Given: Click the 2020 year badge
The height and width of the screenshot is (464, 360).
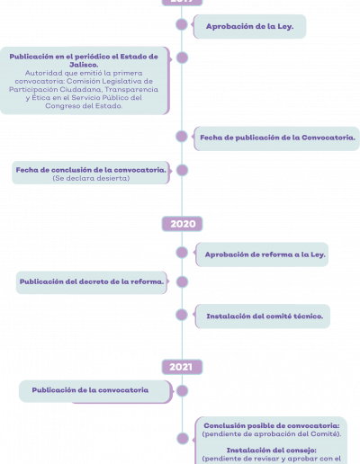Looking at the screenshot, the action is pos(182,224).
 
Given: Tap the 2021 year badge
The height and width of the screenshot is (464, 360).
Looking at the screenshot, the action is pos(182,367).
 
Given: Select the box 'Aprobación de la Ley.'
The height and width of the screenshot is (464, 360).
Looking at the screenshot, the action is pos(249,26).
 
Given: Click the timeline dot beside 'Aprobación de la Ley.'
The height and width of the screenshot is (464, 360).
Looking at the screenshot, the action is pos(182,24).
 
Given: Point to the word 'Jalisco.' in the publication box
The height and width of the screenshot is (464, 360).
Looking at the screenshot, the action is pos(84,65).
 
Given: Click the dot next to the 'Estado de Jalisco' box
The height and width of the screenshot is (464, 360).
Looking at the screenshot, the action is pos(182,58).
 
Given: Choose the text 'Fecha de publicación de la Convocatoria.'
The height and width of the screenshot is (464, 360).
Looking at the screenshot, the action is pos(277,138).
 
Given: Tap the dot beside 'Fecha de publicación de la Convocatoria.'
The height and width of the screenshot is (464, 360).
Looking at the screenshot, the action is pos(182,137).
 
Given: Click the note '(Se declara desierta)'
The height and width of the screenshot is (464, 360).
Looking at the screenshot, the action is pos(91,178).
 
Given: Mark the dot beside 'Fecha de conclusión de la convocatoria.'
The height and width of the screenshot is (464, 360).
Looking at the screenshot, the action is pos(182,170).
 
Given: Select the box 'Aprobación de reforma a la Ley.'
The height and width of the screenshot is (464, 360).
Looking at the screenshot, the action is pos(262,254).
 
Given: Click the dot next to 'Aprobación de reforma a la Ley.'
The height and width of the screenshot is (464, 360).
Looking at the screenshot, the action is pos(182,253).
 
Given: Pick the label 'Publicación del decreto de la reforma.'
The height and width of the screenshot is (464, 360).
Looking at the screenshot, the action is pos(92,281).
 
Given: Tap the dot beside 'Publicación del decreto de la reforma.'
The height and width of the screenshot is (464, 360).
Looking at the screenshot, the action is pos(182,281).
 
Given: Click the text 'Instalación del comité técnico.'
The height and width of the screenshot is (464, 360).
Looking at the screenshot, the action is pos(265,317).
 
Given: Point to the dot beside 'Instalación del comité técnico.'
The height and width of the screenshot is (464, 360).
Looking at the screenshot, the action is pos(182,315).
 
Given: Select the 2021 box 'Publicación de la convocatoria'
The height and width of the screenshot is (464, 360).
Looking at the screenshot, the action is pos(95,391).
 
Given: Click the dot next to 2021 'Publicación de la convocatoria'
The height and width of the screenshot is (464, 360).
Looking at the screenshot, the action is pos(182,391).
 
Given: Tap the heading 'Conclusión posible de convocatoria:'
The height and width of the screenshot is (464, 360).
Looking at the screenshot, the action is pos(272,425).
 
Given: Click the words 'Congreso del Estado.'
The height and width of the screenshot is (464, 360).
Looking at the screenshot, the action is pos(84,106).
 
